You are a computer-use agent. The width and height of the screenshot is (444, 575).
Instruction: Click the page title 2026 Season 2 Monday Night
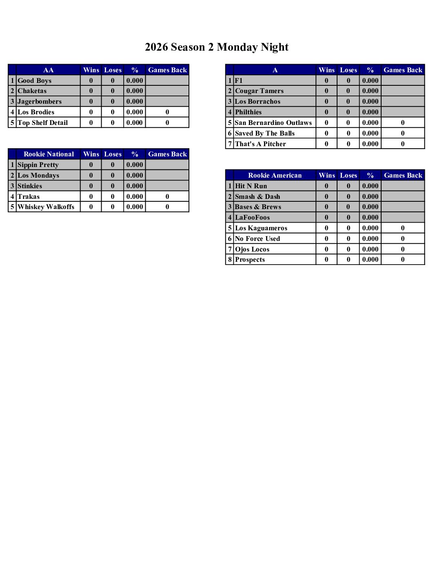[x=216, y=47]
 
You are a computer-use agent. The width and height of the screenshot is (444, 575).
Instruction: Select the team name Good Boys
[x=35, y=80]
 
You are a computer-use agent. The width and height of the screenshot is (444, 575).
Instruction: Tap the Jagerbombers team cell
[x=40, y=101]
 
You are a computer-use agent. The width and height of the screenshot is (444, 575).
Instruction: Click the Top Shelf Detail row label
[x=42, y=123]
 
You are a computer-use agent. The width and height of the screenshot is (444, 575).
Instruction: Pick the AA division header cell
[x=48, y=70]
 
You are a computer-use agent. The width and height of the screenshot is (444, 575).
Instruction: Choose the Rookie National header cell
[x=49, y=154]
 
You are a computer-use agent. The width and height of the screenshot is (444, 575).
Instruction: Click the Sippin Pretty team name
[x=38, y=165]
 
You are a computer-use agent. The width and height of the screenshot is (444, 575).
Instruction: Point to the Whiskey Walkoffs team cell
[x=46, y=207]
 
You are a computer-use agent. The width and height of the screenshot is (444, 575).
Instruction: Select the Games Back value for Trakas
[x=167, y=196]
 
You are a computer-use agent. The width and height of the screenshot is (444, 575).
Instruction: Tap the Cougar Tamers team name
[x=259, y=91]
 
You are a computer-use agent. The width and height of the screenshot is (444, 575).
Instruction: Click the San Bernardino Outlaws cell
[x=273, y=123]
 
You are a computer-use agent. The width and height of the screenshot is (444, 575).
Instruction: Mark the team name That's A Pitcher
[x=260, y=144]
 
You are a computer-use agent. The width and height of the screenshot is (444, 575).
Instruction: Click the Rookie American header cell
[x=275, y=175]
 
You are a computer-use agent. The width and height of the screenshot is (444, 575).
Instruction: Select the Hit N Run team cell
[x=251, y=186]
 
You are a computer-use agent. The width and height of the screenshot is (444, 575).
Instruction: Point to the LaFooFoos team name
[x=252, y=217]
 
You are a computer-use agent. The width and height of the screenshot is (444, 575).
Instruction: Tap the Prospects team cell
[x=250, y=259]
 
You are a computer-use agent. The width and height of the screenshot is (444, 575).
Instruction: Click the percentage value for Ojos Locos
[x=370, y=249]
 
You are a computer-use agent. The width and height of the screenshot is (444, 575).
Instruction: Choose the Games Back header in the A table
[x=403, y=70]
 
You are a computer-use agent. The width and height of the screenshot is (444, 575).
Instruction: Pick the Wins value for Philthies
[x=326, y=112]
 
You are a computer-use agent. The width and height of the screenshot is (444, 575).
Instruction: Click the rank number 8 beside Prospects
[x=230, y=259]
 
